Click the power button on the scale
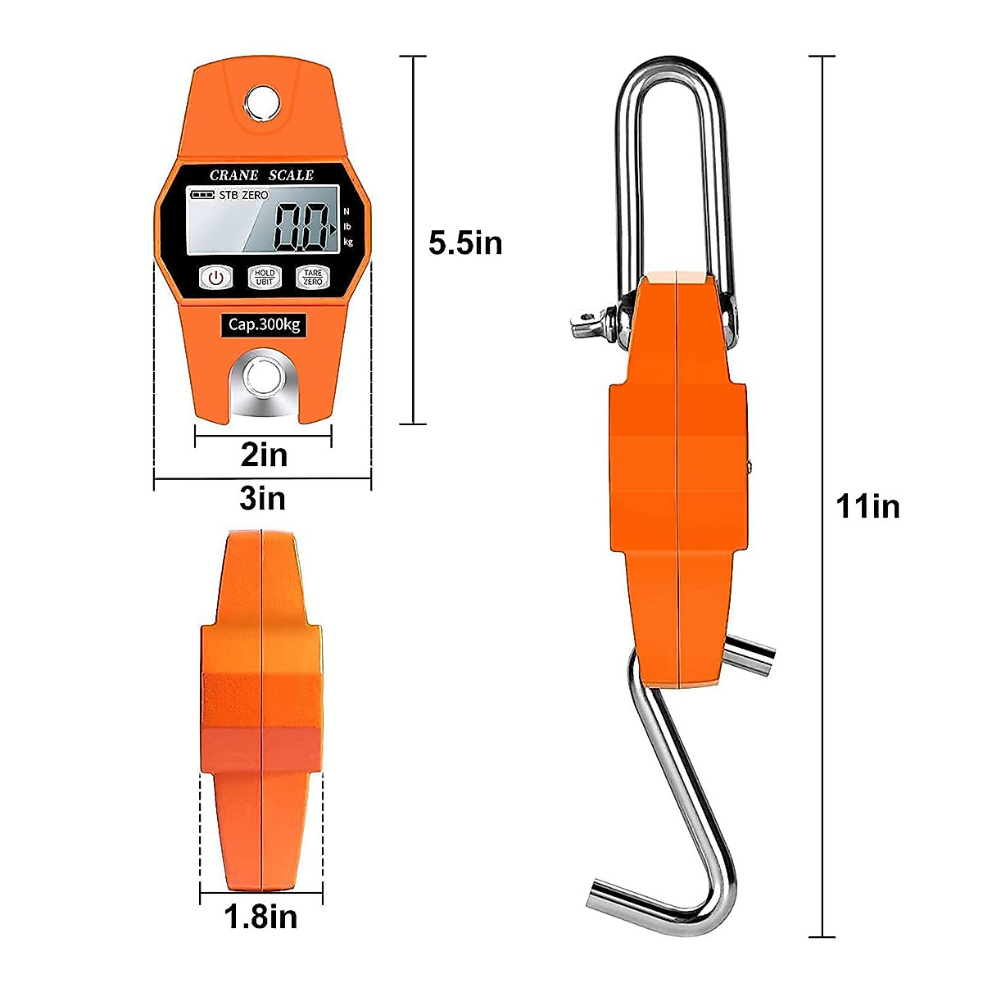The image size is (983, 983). coord(215,278)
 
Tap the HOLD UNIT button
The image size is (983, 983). coord(264,278)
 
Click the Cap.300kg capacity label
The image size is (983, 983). coord(264,324)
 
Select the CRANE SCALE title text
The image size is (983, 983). coord(261,175)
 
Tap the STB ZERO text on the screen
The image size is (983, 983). coord(243,195)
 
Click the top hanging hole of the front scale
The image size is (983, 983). coord(262,102)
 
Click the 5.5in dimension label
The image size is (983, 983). coord(465,243)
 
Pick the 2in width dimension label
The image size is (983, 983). coord(264,455)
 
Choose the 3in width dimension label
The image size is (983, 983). coord(262,498)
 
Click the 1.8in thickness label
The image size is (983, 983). coord(260,917)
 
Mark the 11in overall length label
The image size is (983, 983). coord(867,506)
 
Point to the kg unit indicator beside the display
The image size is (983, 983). coord(348,242)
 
